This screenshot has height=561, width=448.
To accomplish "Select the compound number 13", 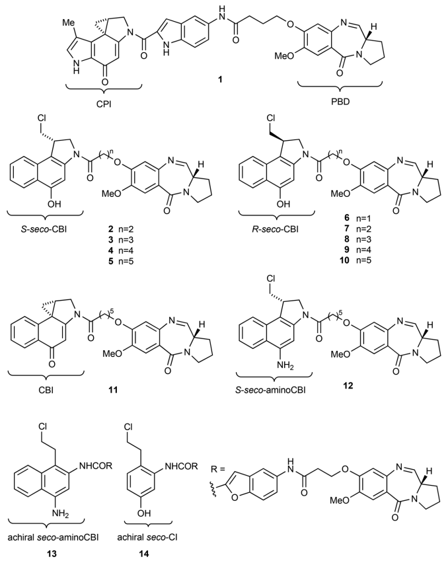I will tap(61, 547).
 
